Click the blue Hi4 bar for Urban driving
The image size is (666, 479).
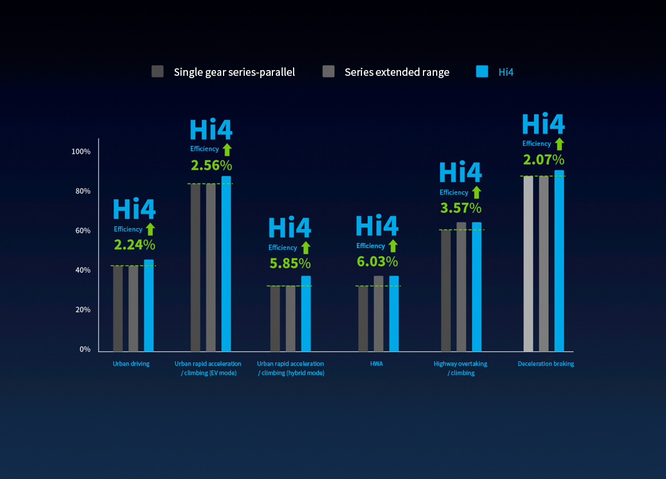(x=149, y=306)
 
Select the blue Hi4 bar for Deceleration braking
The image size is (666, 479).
(x=559, y=261)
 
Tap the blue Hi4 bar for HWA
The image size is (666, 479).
(x=394, y=314)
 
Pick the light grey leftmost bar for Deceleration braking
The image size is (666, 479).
(x=529, y=264)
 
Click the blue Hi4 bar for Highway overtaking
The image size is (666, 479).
(x=477, y=287)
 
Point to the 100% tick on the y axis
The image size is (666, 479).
(x=81, y=152)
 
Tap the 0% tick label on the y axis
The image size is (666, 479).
(x=84, y=349)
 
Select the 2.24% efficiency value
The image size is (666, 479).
(x=134, y=245)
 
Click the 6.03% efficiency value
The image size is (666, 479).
(x=377, y=262)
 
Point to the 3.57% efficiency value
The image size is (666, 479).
(x=461, y=208)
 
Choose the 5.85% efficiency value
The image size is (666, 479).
(x=290, y=264)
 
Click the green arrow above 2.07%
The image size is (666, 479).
(x=560, y=144)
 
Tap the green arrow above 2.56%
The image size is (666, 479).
(x=227, y=149)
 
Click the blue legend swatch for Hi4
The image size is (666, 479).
(x=482, y=71)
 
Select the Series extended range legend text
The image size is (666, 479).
(x=397, y=72)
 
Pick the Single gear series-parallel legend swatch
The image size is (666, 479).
(x=157, y=71)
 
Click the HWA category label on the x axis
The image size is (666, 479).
(x=376, y=364)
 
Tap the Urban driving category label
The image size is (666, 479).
(x=131, y=364)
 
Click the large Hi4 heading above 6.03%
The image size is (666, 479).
(x=377, y=226)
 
